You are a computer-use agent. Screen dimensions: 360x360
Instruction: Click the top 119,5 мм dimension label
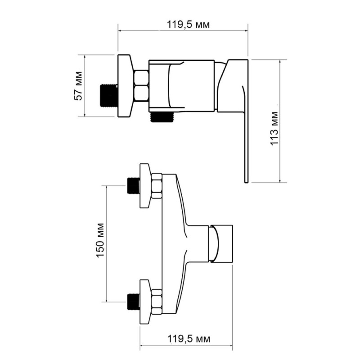pos(188,24)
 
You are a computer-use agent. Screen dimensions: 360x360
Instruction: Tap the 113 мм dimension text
pos(274,128)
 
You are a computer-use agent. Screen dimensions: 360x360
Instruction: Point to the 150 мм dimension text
pos(100,240)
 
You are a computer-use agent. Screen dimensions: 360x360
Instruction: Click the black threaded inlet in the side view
pos(109,96)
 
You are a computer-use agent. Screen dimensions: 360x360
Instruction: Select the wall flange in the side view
pos(126,86)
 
